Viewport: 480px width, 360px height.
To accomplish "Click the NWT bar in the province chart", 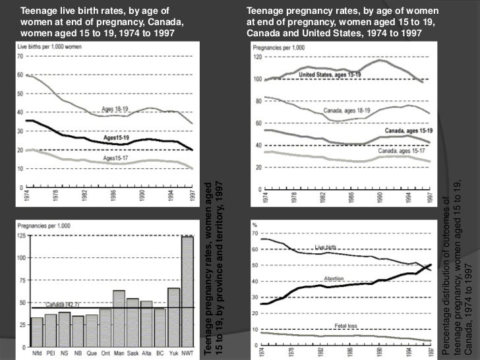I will pos(187,291).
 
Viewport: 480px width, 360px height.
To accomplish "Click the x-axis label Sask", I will pos(133,351).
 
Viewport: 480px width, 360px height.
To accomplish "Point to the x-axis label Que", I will pos(92,351).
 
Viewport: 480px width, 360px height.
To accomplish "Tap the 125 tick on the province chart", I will pos(22,235).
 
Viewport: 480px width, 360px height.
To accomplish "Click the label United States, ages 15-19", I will pos(330,75).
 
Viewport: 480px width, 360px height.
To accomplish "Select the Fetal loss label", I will pos(347,326).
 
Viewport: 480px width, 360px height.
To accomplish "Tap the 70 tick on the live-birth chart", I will pos(20,57).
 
